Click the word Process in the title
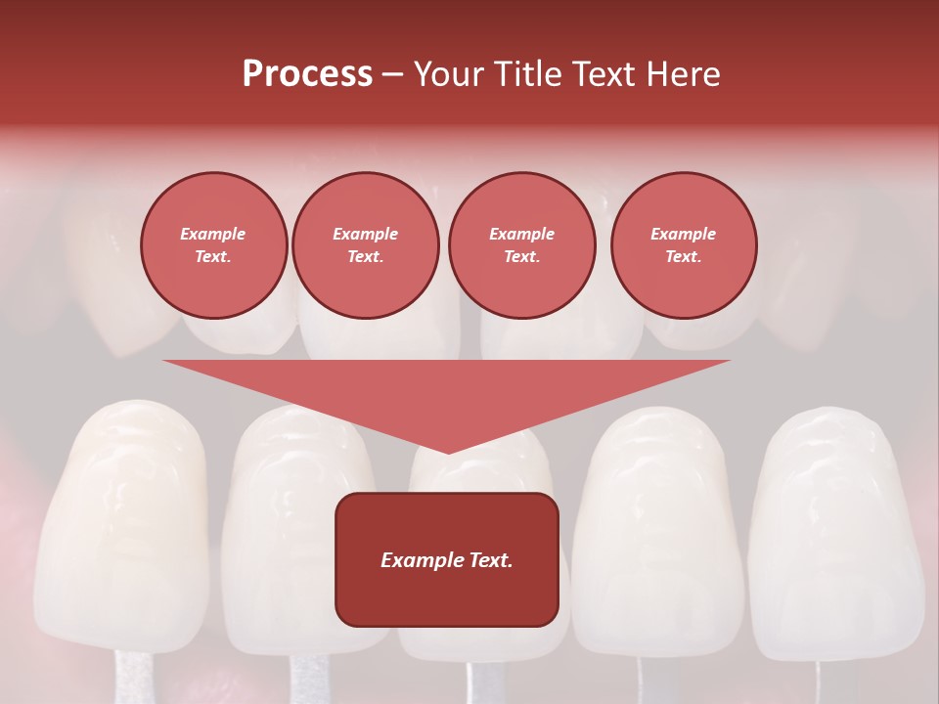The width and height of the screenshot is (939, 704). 307,74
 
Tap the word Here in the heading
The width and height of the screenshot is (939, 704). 684,74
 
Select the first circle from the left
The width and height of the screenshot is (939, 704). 213,245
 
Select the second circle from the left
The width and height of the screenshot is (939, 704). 366,245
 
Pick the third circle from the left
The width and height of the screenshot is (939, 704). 521,245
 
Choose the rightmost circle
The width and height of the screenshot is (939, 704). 683,245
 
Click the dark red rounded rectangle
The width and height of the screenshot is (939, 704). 447,559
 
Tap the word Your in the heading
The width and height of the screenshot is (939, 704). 446,74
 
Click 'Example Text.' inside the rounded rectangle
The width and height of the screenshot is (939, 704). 447,560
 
